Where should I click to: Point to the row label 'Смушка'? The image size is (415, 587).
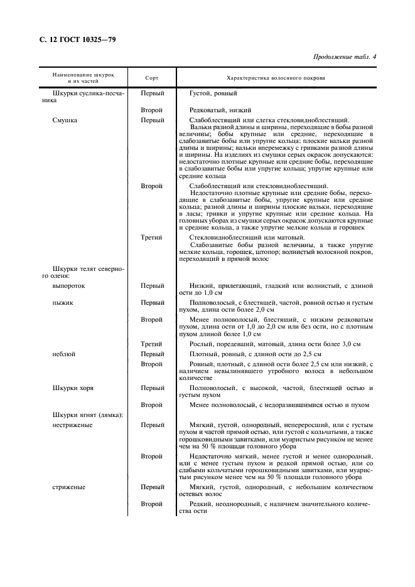[65, 120]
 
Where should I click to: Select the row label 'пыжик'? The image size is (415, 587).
[63, 302]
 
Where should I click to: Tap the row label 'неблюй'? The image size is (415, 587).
[65, 354]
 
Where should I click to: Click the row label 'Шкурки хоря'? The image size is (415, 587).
[73, 388]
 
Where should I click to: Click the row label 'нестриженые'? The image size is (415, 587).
[73, 425]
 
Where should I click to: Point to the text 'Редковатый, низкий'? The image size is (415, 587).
[220, 109]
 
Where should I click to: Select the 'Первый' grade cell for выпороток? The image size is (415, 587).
[152, 285]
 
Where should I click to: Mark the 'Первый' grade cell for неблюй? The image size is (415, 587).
[152, 354]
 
